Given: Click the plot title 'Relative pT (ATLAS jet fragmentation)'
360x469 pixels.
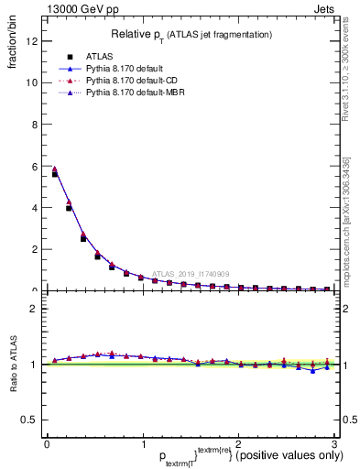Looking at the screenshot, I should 191,34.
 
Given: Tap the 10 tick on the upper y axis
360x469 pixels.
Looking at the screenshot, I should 32,82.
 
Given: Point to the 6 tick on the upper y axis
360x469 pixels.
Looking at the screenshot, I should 35,166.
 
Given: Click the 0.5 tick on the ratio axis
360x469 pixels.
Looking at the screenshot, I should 30,420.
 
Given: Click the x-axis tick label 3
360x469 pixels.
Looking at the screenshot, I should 334,444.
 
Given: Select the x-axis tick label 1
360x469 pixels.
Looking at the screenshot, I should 142,444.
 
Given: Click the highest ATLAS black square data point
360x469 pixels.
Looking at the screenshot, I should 54,173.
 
